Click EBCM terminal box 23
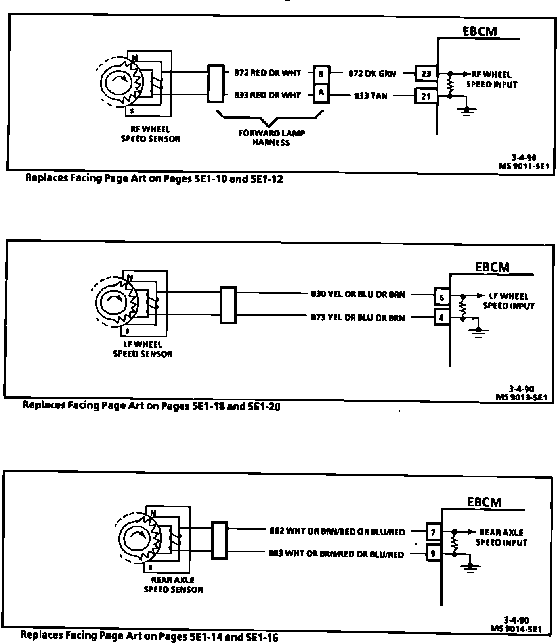pyautogui.click(x=426, y=73)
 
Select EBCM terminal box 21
pyautogui.click(x=426, y=96)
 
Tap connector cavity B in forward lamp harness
pyautogui.click(x=321, y=73)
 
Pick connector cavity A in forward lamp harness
pyautogui.click(x=321, y=93)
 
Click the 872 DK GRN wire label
pyautogui.click(x=372, y=73)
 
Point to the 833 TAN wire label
pyautogui.click(x=371, y=96)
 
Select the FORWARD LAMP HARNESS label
pyautogui.click(x=271, y=138)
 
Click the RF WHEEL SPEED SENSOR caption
pyautogui.click(x=150, y=134)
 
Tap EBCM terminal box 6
pyautogui.click(x=442, y=296)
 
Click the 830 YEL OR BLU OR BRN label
pyautogui.click(x=358, y=295)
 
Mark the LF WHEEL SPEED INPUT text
pyautogui.click(x=509, y=301)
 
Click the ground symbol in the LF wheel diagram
pyautogui.click(x=479, y=331)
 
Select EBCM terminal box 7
pyautogui.click(x=433, y=532)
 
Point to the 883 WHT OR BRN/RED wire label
pyautogui.click(x=336, y=554)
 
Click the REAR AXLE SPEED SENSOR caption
pyautogui.click(x=173, y=585)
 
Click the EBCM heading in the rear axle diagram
pyautogui.click(x=484, y=502)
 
